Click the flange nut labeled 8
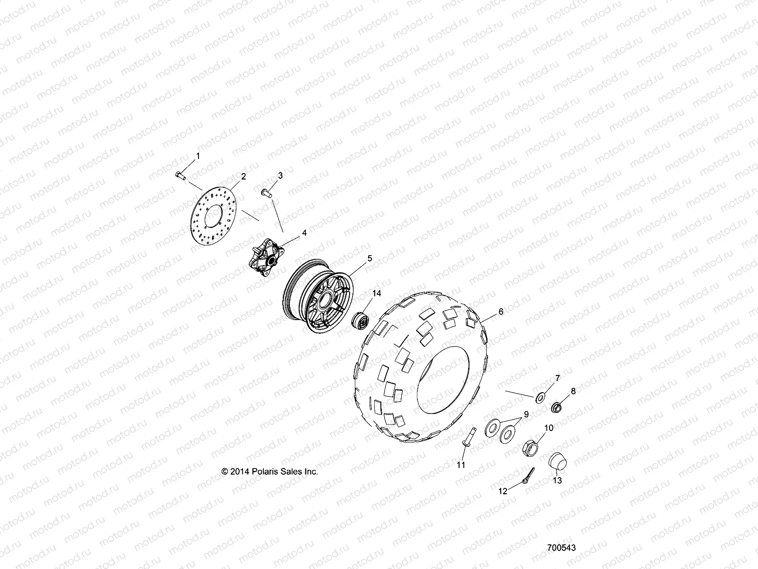(x=558, y=407)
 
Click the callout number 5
(x=370, y=258)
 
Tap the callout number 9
(x=526, y=414)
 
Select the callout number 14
(x=376, y=294)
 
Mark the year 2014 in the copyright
(x=238, y=472)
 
